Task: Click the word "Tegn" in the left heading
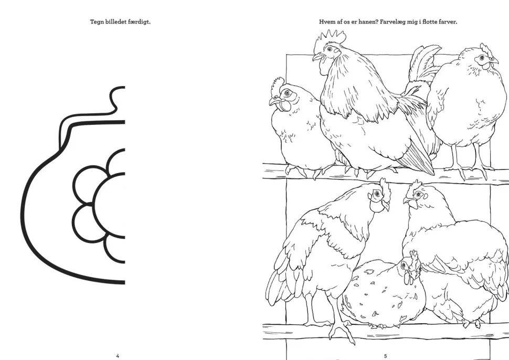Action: (x=97, y=22)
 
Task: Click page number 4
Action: (x=118, y=356)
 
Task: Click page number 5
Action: (x=385, y=356)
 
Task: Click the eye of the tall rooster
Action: (x=330, y=49)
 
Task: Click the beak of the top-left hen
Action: (x=274, y=101)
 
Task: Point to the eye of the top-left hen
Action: (x=287, y=93)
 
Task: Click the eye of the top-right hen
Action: (x=482, y=58)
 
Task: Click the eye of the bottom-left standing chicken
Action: (x=377, y=194)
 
